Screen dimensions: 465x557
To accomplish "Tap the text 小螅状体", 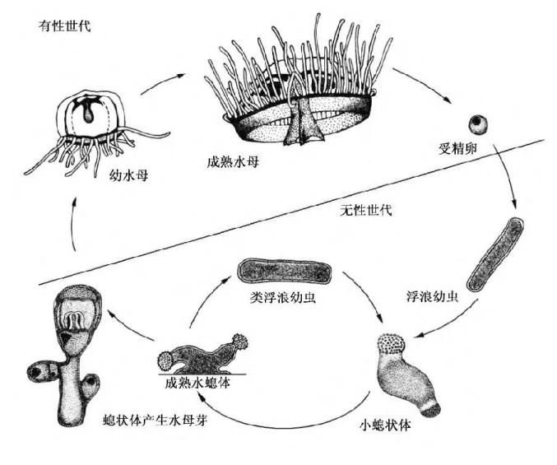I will pyautogui.click(x=386, y=425).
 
